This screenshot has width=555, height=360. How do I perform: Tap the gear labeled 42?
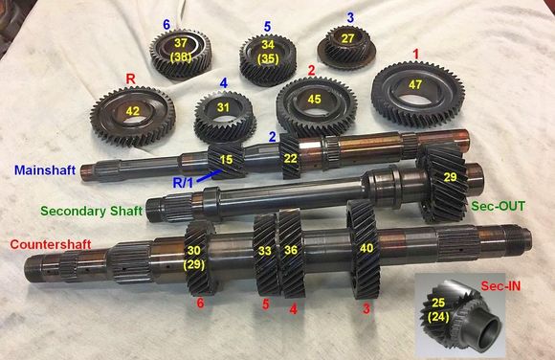pyautogui.click(x=133, y=110)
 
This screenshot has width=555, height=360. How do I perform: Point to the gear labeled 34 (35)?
pyautogui.click(x=269, y=54)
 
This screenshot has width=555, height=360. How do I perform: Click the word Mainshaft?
pyautogui.click(x=45, y=169)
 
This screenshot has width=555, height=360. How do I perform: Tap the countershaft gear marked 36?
pyautogui.click(x=291, y=251)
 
